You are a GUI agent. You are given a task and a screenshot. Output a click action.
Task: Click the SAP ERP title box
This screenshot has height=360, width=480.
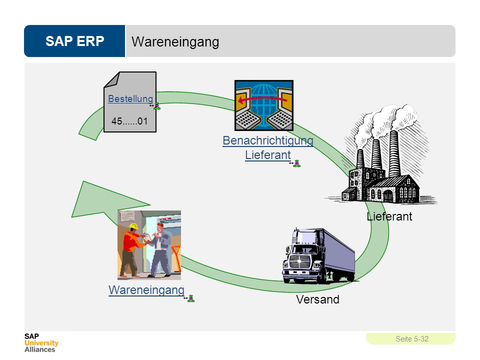click(x=74, y=41)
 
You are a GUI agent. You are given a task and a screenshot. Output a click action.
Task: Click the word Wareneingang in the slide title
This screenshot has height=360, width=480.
click(x=175, y=42)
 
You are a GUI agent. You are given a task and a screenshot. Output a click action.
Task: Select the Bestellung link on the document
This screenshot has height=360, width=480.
click(x=130, y=98)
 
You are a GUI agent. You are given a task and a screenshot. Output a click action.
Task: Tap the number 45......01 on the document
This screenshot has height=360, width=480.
click(x=129, y=121)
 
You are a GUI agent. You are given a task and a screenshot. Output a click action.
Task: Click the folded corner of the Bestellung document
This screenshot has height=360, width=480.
click(x=111, y=80)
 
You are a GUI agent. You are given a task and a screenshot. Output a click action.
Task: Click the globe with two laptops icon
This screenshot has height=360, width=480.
click(x=264, y=105)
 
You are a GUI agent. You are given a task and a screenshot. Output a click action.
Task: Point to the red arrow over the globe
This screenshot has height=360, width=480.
click(x=262, y=99)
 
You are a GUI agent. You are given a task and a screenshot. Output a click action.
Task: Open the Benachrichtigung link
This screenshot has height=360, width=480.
click(x=268, y=140)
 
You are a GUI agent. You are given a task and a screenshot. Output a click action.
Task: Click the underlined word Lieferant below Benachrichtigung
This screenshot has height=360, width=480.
click(x=268, y=155)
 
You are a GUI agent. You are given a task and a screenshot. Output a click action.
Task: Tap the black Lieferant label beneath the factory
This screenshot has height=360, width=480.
click(x=389, y=216)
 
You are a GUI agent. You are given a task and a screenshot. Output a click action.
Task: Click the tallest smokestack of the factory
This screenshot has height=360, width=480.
click(x=394, y=153)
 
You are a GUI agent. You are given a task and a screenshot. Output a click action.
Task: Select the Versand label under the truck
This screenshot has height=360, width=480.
click(x=317, y=299)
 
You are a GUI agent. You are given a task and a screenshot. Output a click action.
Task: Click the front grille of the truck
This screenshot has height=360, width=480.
click(x=300, y=261)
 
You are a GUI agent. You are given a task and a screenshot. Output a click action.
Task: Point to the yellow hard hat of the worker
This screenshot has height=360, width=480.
click(x=133, y=226)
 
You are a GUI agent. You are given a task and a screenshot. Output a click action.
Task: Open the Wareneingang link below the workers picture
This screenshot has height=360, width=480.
click(x=146, y=290)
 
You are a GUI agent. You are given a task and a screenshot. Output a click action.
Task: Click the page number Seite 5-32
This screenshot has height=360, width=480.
click(x=411, y=339)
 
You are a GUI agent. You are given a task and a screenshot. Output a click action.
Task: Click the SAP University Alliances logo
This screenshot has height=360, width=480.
click(x=41, y=343)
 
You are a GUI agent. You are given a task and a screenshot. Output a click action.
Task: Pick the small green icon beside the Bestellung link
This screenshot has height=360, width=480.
click(x=156, y=106)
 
